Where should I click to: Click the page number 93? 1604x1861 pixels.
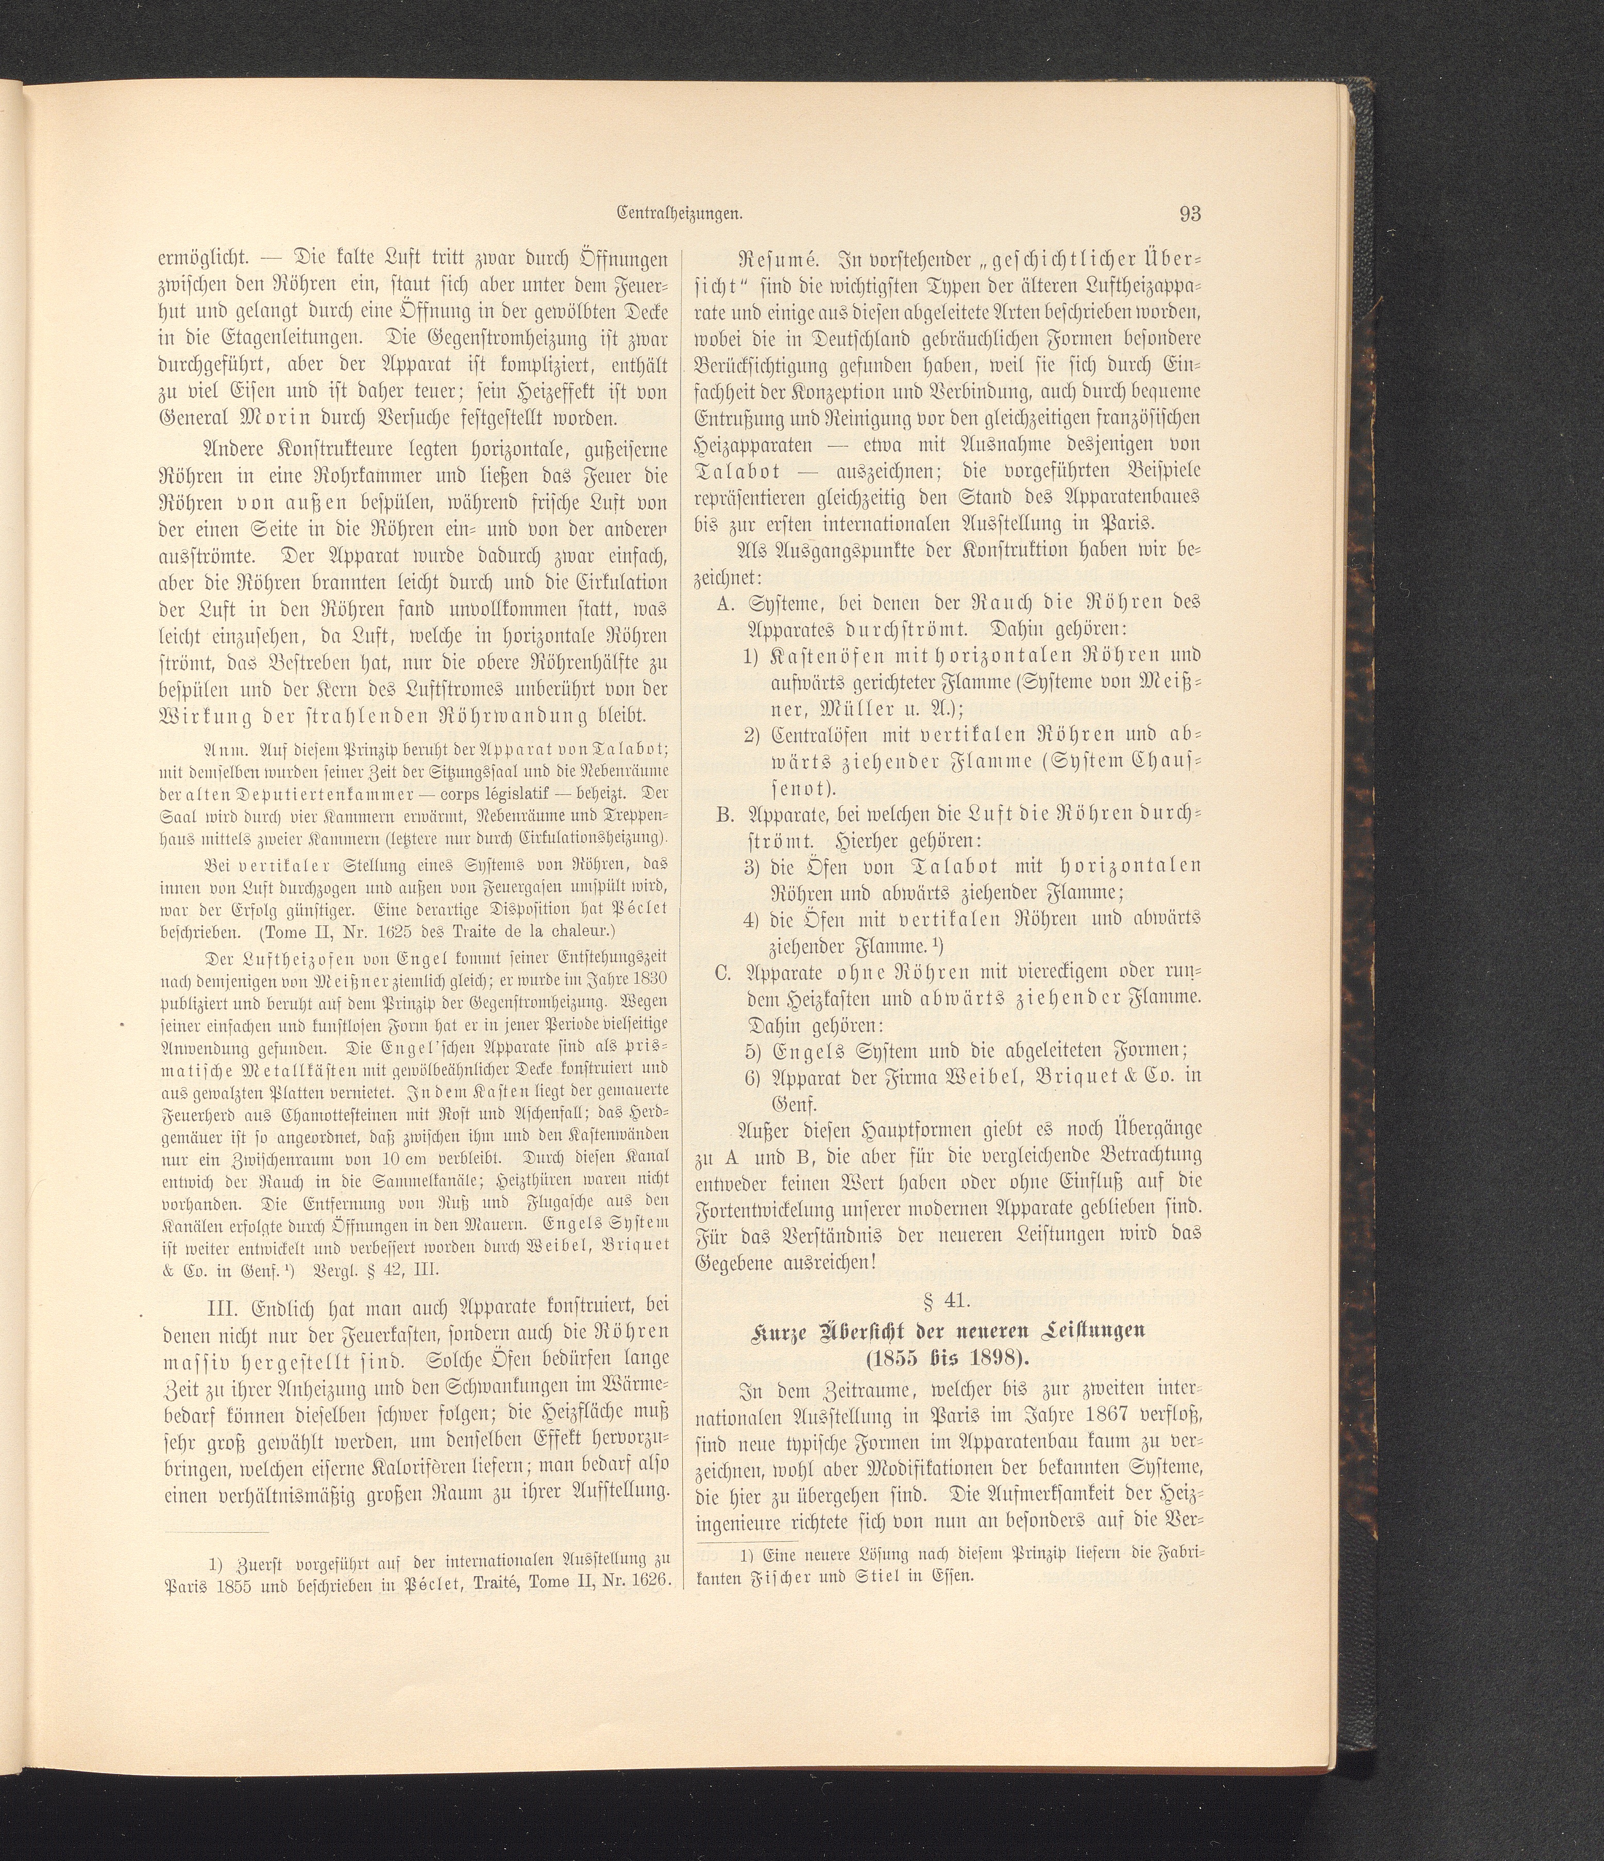[1191, 214]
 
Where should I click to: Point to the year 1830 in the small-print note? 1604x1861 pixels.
[651, 977]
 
